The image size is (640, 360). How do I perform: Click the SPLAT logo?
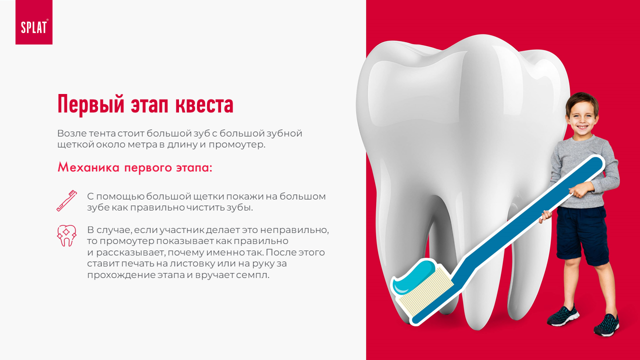pos(34,22)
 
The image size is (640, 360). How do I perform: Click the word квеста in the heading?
pos(204,104)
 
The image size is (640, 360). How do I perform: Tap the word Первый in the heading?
pos(91,104)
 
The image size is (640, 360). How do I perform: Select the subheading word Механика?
pos(88,167)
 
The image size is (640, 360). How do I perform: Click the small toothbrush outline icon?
pos(67,201)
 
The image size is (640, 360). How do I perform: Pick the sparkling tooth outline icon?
pos(66,235)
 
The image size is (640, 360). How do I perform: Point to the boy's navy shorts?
pos(581,235)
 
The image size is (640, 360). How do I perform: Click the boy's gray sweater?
pos(585,171)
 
